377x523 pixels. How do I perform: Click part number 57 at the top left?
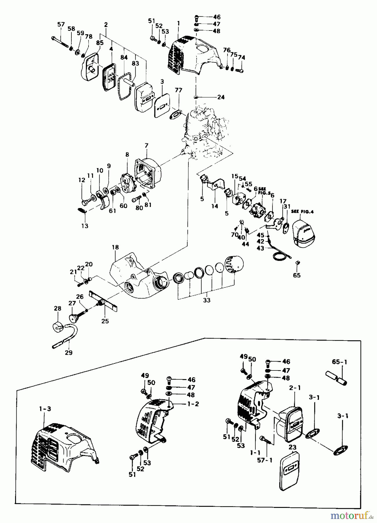[x=61, y=24]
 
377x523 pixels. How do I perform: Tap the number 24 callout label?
[x=221, y=97]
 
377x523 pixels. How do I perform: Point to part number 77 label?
[x=178, y=90]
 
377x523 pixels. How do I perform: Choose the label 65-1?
[x=340, y=362]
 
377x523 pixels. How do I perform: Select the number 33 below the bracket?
[x=207, y=300]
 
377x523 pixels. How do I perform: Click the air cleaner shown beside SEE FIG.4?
[x=304, y=233]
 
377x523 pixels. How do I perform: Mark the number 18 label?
[x=115, y=247]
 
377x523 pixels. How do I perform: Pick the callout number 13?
[x=85, y=226]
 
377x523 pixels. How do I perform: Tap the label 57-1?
[x=265, y=461]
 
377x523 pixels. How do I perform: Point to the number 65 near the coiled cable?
[x=297, y=275]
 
